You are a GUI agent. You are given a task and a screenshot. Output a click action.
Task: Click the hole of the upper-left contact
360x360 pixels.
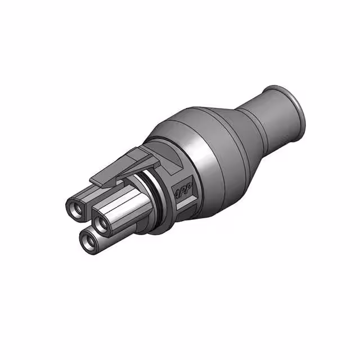click(76, 210)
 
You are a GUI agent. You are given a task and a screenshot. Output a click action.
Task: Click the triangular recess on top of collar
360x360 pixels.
click(169, 161)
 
